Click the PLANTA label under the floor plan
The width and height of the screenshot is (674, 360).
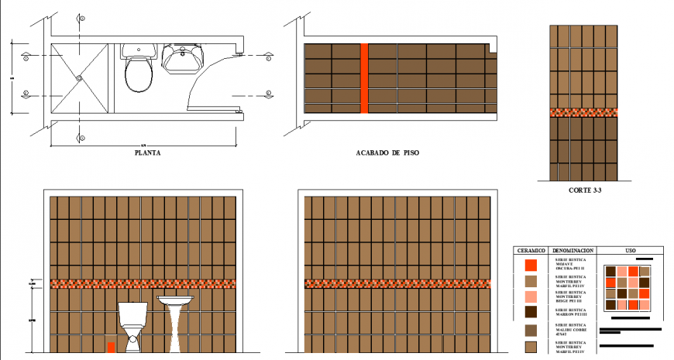(147, 153)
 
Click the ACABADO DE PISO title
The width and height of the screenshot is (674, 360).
(387, 153)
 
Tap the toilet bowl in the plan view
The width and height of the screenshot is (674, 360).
(139, 74)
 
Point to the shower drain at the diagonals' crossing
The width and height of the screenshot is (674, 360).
(79, 77)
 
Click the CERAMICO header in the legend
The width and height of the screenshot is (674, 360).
(531, 251)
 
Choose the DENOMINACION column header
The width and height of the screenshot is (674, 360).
(574, 251)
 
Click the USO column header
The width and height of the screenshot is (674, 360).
(630, 251)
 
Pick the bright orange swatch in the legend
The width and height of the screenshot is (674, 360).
(531, 265)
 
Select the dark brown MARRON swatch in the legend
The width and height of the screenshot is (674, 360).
(531, 312)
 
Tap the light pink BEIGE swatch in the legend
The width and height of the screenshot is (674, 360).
(531, 297)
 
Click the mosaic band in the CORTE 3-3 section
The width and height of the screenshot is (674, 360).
(583, 112)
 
